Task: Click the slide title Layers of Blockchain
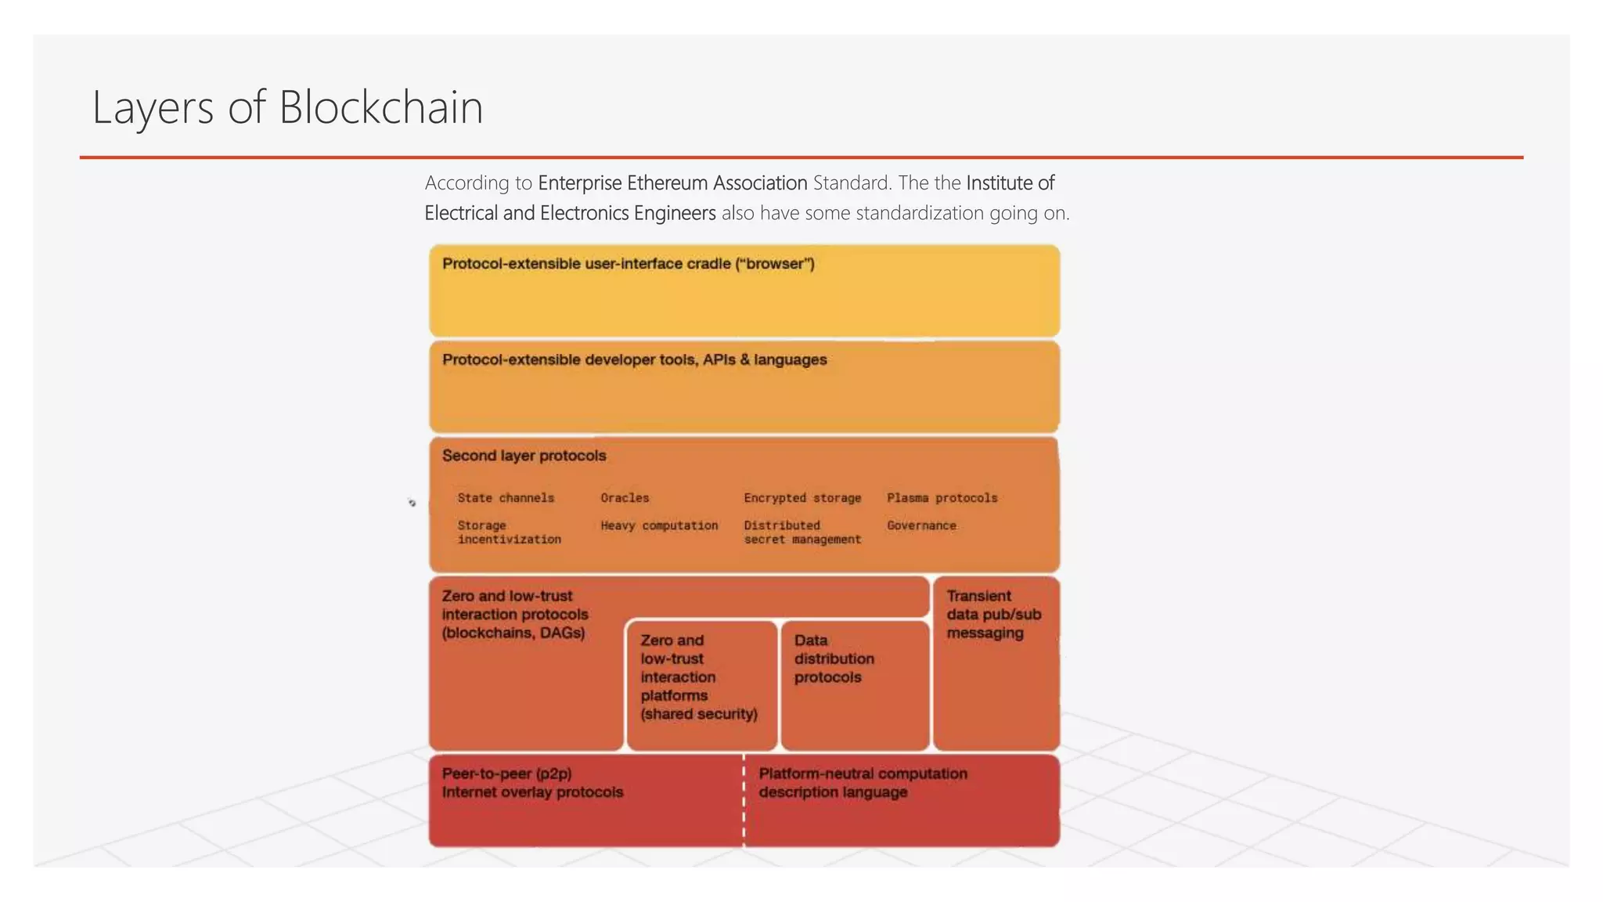pyautogui.click(x=287, y=107)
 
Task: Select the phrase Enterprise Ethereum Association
pyautogui.click(x=672, y=183)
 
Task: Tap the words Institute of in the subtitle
pyautogui.click(x=1010, y=183)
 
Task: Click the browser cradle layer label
pyautogui.click(x=628, y=264)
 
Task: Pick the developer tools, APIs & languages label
pyautogui.click(x=634, y=360)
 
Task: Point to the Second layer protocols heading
pyautogui.click(x=524, y=456)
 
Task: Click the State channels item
pyautogui.click(x=506, y=498)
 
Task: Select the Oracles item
pyautogui.click(x=625, y=498)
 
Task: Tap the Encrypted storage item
pyautogui.click(x=802, y=498)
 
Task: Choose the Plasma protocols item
pyautogui.click(x=942, y=498)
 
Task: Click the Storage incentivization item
pyautogui.click(x=509, y=532)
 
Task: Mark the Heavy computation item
pyautogui.click(x=659, y=525)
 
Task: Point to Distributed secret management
pyautogui.click(x=802, y=532)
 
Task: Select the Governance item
pyautogui.click(x=921, y=525)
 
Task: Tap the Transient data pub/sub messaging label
pyautogui.click(x=993, y=615)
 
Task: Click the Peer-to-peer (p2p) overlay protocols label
pyautogui.click(x=532, y=783)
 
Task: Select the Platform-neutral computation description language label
pyautogui.click(x=863, y=783)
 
